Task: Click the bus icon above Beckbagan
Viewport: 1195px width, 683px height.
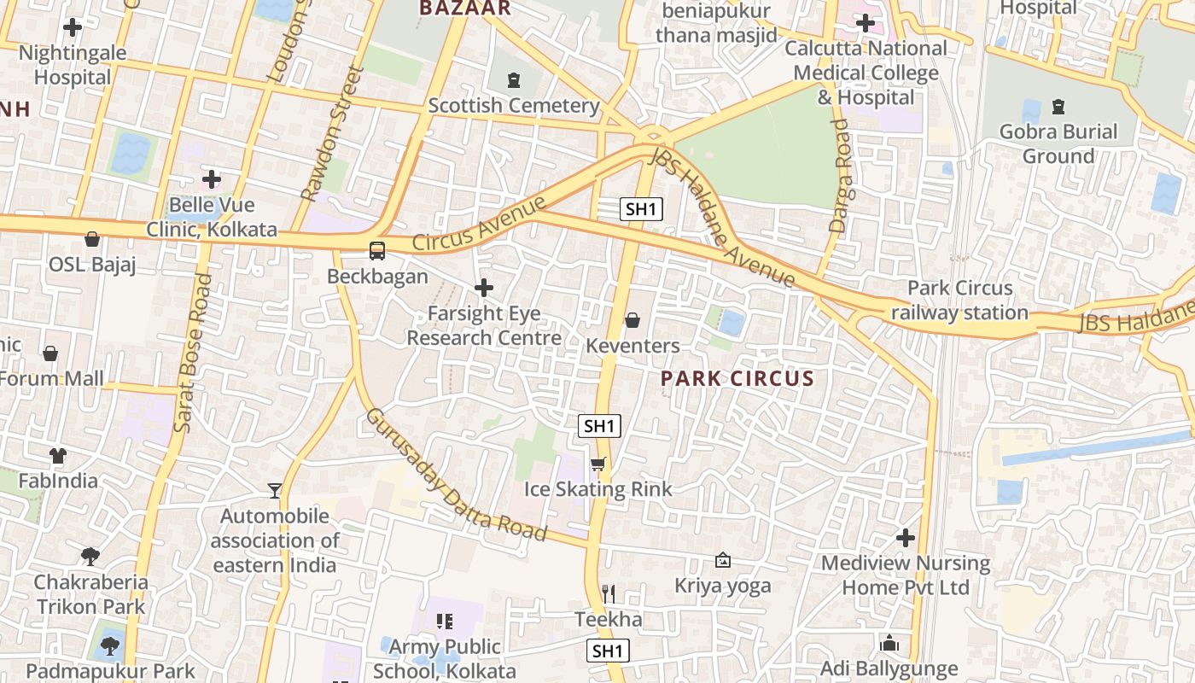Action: tap(376, 251)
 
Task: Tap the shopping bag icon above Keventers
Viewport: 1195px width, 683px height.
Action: tap(632, 320)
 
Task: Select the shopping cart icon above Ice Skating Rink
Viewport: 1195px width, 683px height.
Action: tap(598, 464)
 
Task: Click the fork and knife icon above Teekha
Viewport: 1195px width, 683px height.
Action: tap(609, 593)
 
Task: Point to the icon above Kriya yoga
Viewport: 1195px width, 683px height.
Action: tap(723, 560)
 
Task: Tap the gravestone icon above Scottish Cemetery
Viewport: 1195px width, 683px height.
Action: tap(513, 80)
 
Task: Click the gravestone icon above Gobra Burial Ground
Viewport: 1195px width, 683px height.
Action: tap(1058, 107)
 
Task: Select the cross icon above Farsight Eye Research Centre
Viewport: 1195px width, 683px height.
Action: tap(484, 288)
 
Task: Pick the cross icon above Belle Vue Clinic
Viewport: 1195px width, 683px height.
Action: tap(212, 179)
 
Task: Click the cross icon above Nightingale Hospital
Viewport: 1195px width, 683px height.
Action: tap(73, 27)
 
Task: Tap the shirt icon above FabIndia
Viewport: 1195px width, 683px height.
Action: tap(58, 455)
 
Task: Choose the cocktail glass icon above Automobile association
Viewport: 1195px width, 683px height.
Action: tap(275, 490)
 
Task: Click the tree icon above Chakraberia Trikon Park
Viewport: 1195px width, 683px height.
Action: tap(90, 557)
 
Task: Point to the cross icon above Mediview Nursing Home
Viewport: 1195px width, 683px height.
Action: tap(906, 538)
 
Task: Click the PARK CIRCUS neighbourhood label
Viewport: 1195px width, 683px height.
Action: tap(737, 378)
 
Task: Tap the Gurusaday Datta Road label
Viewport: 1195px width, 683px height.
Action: tap(456, 475)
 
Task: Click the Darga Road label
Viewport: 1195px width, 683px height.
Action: tap(840, 175)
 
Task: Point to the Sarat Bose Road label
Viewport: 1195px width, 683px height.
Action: tap(192, 353)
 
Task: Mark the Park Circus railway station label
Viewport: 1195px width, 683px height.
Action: tap(959, 301)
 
